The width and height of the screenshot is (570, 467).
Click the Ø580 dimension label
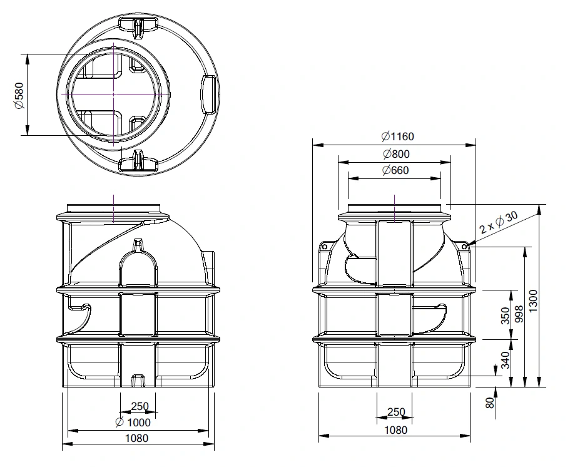[19, 95]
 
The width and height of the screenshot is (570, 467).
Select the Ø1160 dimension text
[397, 136]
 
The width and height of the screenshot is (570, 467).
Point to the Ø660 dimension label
[395, 171]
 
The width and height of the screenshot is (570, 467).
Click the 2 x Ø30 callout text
[499, 223]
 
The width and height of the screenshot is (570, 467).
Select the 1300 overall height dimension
[533, 301]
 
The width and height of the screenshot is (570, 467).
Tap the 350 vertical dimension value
[506, 316]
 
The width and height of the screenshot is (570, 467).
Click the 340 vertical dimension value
[506, 359]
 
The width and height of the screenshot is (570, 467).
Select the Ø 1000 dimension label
[133, 422]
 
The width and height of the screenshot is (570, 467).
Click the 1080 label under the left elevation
[137, 438]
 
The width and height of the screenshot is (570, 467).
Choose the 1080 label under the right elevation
[395, 430]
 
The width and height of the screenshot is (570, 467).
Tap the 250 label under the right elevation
[396, 413]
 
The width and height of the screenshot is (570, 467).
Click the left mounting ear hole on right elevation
[325, 247]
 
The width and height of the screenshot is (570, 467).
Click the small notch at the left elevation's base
[137, 380]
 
